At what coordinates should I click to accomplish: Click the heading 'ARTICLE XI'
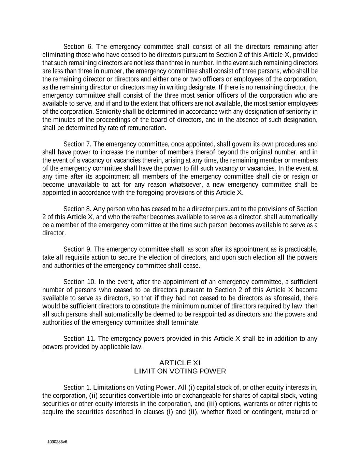(x=180, y=363)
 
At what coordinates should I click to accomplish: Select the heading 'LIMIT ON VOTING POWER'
(x=180, y=371)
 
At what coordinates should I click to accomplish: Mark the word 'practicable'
(x=302, y=249)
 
